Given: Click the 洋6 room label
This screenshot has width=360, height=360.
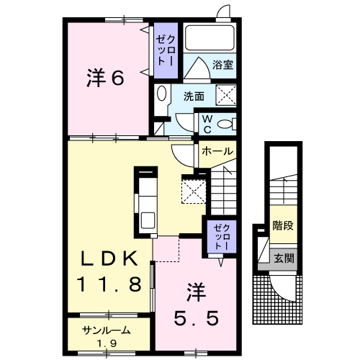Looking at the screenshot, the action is [105, 77].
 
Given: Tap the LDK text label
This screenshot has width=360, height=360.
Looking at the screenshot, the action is [109, 258].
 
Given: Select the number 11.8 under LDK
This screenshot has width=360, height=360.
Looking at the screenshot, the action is [109, 284].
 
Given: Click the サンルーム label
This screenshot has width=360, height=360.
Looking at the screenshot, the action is [107, 331].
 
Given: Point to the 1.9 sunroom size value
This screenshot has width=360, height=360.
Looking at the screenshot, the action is [107, 343].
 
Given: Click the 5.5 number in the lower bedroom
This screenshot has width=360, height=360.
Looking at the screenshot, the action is [197, 318].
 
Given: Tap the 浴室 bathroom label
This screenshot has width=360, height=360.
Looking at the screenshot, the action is [222, 65].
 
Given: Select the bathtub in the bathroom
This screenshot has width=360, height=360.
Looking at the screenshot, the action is [210, 38].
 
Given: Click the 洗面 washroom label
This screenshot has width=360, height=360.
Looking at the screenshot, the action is [194, 96].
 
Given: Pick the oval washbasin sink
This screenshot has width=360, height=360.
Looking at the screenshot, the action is [161, 93].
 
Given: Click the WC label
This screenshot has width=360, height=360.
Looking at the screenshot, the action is [207, 124].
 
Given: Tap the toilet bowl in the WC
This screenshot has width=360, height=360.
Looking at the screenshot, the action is [225, 125].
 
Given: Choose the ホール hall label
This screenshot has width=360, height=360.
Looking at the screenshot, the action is [217, 151].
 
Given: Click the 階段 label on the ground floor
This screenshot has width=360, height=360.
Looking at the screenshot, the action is [283, 225].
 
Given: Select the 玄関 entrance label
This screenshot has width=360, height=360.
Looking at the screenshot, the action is [284, 258].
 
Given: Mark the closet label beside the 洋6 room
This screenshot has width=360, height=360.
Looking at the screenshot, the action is [166, 50].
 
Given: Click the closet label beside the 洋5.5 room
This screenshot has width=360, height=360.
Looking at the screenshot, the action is [222, 237].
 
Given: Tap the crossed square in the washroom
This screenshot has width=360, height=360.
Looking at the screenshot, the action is [226, 95].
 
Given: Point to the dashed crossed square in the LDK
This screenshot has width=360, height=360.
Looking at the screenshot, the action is [194, 192].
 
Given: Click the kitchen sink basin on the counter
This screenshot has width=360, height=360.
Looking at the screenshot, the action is [148, 220].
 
